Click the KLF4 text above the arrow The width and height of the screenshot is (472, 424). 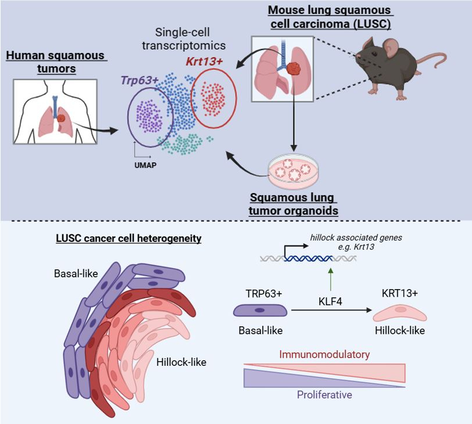pos(330,302)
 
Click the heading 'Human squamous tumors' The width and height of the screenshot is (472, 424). pos(55,62)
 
